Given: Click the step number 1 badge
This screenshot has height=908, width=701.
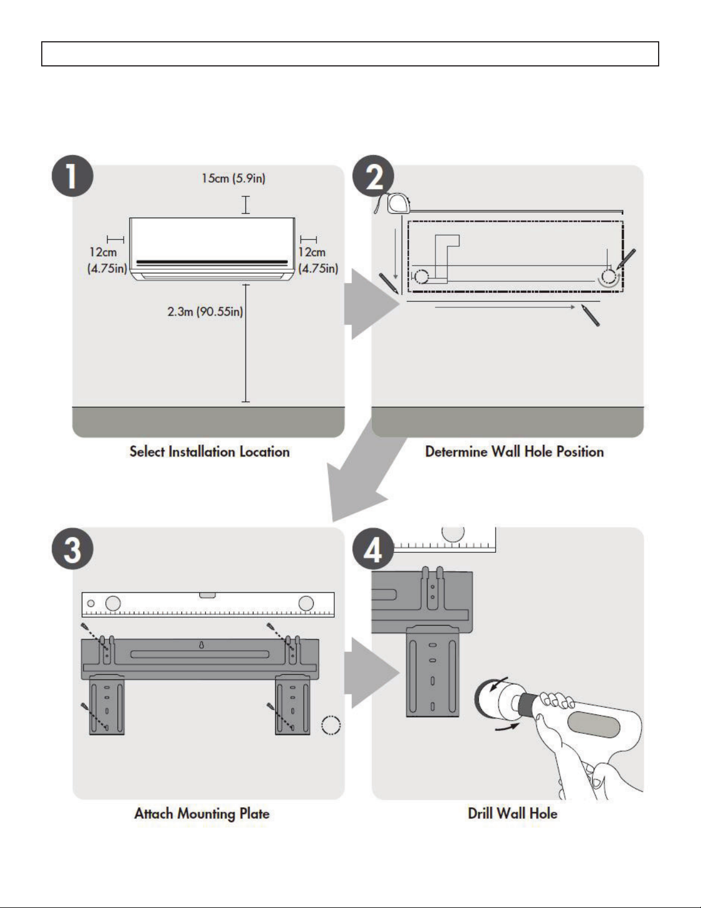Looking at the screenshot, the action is (72, 176).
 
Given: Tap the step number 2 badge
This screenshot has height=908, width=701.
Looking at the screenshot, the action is (373, 176).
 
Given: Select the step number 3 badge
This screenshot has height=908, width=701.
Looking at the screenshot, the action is (72, 548).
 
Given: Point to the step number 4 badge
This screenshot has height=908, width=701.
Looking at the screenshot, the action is (373, 548).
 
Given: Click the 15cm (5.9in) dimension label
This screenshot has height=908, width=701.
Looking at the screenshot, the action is (233, 178).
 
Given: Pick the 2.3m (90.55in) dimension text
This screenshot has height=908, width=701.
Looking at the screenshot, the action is (205, 311).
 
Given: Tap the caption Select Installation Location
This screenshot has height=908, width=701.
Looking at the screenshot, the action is (209, 451).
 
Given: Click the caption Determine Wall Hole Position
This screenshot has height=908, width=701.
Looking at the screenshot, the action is (514, 451).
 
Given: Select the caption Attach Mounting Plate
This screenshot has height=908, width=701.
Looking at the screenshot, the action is (202, 813).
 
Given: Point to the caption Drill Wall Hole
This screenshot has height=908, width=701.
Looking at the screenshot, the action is (512, 813).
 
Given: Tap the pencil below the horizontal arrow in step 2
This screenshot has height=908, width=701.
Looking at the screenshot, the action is (591, 315).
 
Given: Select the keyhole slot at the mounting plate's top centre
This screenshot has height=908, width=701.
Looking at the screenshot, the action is (201, 645).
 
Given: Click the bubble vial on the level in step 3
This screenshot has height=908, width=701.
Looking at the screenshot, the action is (207, 595).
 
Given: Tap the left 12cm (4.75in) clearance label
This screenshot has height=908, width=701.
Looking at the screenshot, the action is (107, 260).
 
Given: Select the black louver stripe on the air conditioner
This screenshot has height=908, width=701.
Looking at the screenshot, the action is (212, 262).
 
